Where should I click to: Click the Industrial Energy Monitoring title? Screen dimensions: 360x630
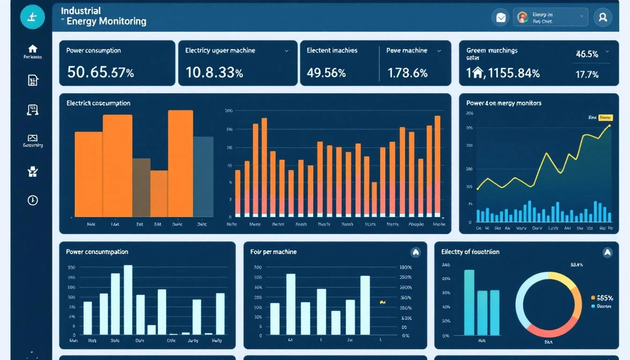pos(103,16)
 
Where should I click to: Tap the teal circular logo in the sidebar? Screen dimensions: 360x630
pos(32,17)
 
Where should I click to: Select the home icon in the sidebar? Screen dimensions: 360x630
pos(32,49)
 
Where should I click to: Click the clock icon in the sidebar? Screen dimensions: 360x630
pos(32,200)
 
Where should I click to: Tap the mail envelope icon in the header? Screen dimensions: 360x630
pos(501,17)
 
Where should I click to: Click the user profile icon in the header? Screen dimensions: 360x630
pos(603,17)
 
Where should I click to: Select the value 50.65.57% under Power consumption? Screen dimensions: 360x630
pos(100,72)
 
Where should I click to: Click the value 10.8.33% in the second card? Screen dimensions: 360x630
pos(214,72)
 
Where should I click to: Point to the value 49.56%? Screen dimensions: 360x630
pos(326,73)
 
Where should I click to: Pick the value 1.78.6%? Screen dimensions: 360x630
pos(407,73)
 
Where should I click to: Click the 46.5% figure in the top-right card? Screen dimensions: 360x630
pos(587,54)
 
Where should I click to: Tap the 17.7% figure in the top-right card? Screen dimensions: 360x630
pos(587,74)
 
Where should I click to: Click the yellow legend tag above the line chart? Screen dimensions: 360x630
pos(606,118)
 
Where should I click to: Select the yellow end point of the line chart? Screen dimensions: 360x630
pos(609,126)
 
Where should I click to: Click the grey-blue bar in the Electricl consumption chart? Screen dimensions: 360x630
pos(203,176)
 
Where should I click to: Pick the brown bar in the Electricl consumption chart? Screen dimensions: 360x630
pos(141,187)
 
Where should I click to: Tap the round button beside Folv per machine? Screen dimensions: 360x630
pos(415,252)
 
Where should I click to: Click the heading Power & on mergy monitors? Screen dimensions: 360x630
pos(503,103)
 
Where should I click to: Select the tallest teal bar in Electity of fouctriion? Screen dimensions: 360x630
pos(469,303)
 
